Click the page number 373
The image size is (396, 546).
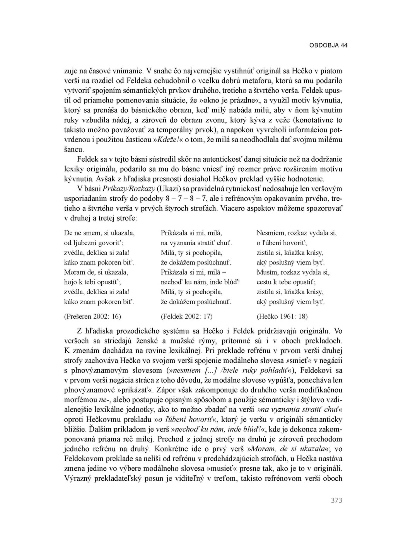(336, 500)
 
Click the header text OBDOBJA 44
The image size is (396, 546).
(328, 45)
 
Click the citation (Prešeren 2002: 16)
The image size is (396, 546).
(92, 316)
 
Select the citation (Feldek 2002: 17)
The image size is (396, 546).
(186, 316)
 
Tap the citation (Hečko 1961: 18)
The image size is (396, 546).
(282, 316)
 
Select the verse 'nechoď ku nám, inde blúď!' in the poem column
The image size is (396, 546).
(200, 282)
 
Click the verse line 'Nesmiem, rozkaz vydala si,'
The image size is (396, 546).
(297, 233)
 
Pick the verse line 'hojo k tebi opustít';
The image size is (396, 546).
(94, 282)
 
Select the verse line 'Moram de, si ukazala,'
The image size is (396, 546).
(96, 272)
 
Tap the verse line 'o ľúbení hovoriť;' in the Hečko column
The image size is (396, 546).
(282, 243)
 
